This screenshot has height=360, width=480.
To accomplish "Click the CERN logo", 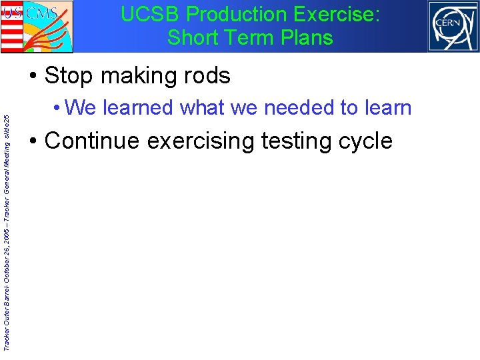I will click(x=453, y=26).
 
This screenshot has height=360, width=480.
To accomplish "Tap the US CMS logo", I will click(x=37, y=26).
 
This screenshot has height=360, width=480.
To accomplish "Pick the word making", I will click(x=134, y=76).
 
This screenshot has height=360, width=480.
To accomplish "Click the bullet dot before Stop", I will click(x=33, y=77).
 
